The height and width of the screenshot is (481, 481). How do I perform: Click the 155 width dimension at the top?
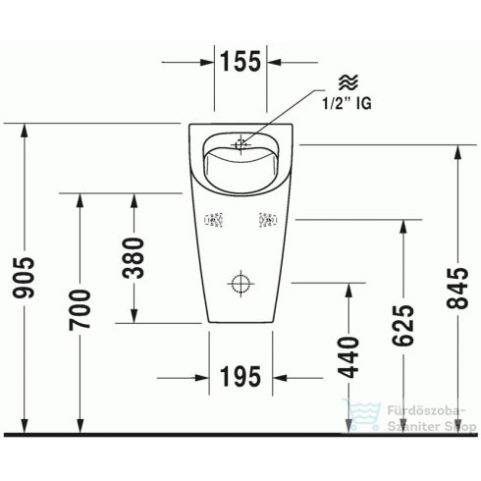240,62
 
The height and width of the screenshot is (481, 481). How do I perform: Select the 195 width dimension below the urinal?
240,375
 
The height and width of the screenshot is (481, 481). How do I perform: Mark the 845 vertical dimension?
456,291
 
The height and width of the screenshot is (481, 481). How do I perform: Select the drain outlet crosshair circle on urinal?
240,285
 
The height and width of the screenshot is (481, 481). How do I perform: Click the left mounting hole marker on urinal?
213,222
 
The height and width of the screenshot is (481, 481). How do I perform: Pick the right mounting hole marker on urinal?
266,222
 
